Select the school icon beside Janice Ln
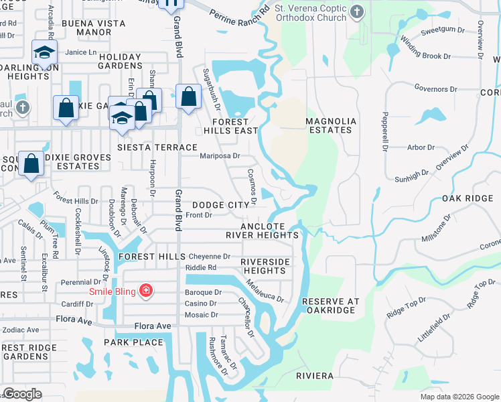click(44, 53)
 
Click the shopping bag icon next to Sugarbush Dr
click(189, 96)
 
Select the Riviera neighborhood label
click(315, 377)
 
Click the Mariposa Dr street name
click(220, 156)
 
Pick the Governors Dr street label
click(435, 88)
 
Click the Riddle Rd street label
click(202, 267)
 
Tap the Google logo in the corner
click(22, 394)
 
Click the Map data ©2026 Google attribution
click(459, 397)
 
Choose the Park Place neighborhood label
click(133, 342)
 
